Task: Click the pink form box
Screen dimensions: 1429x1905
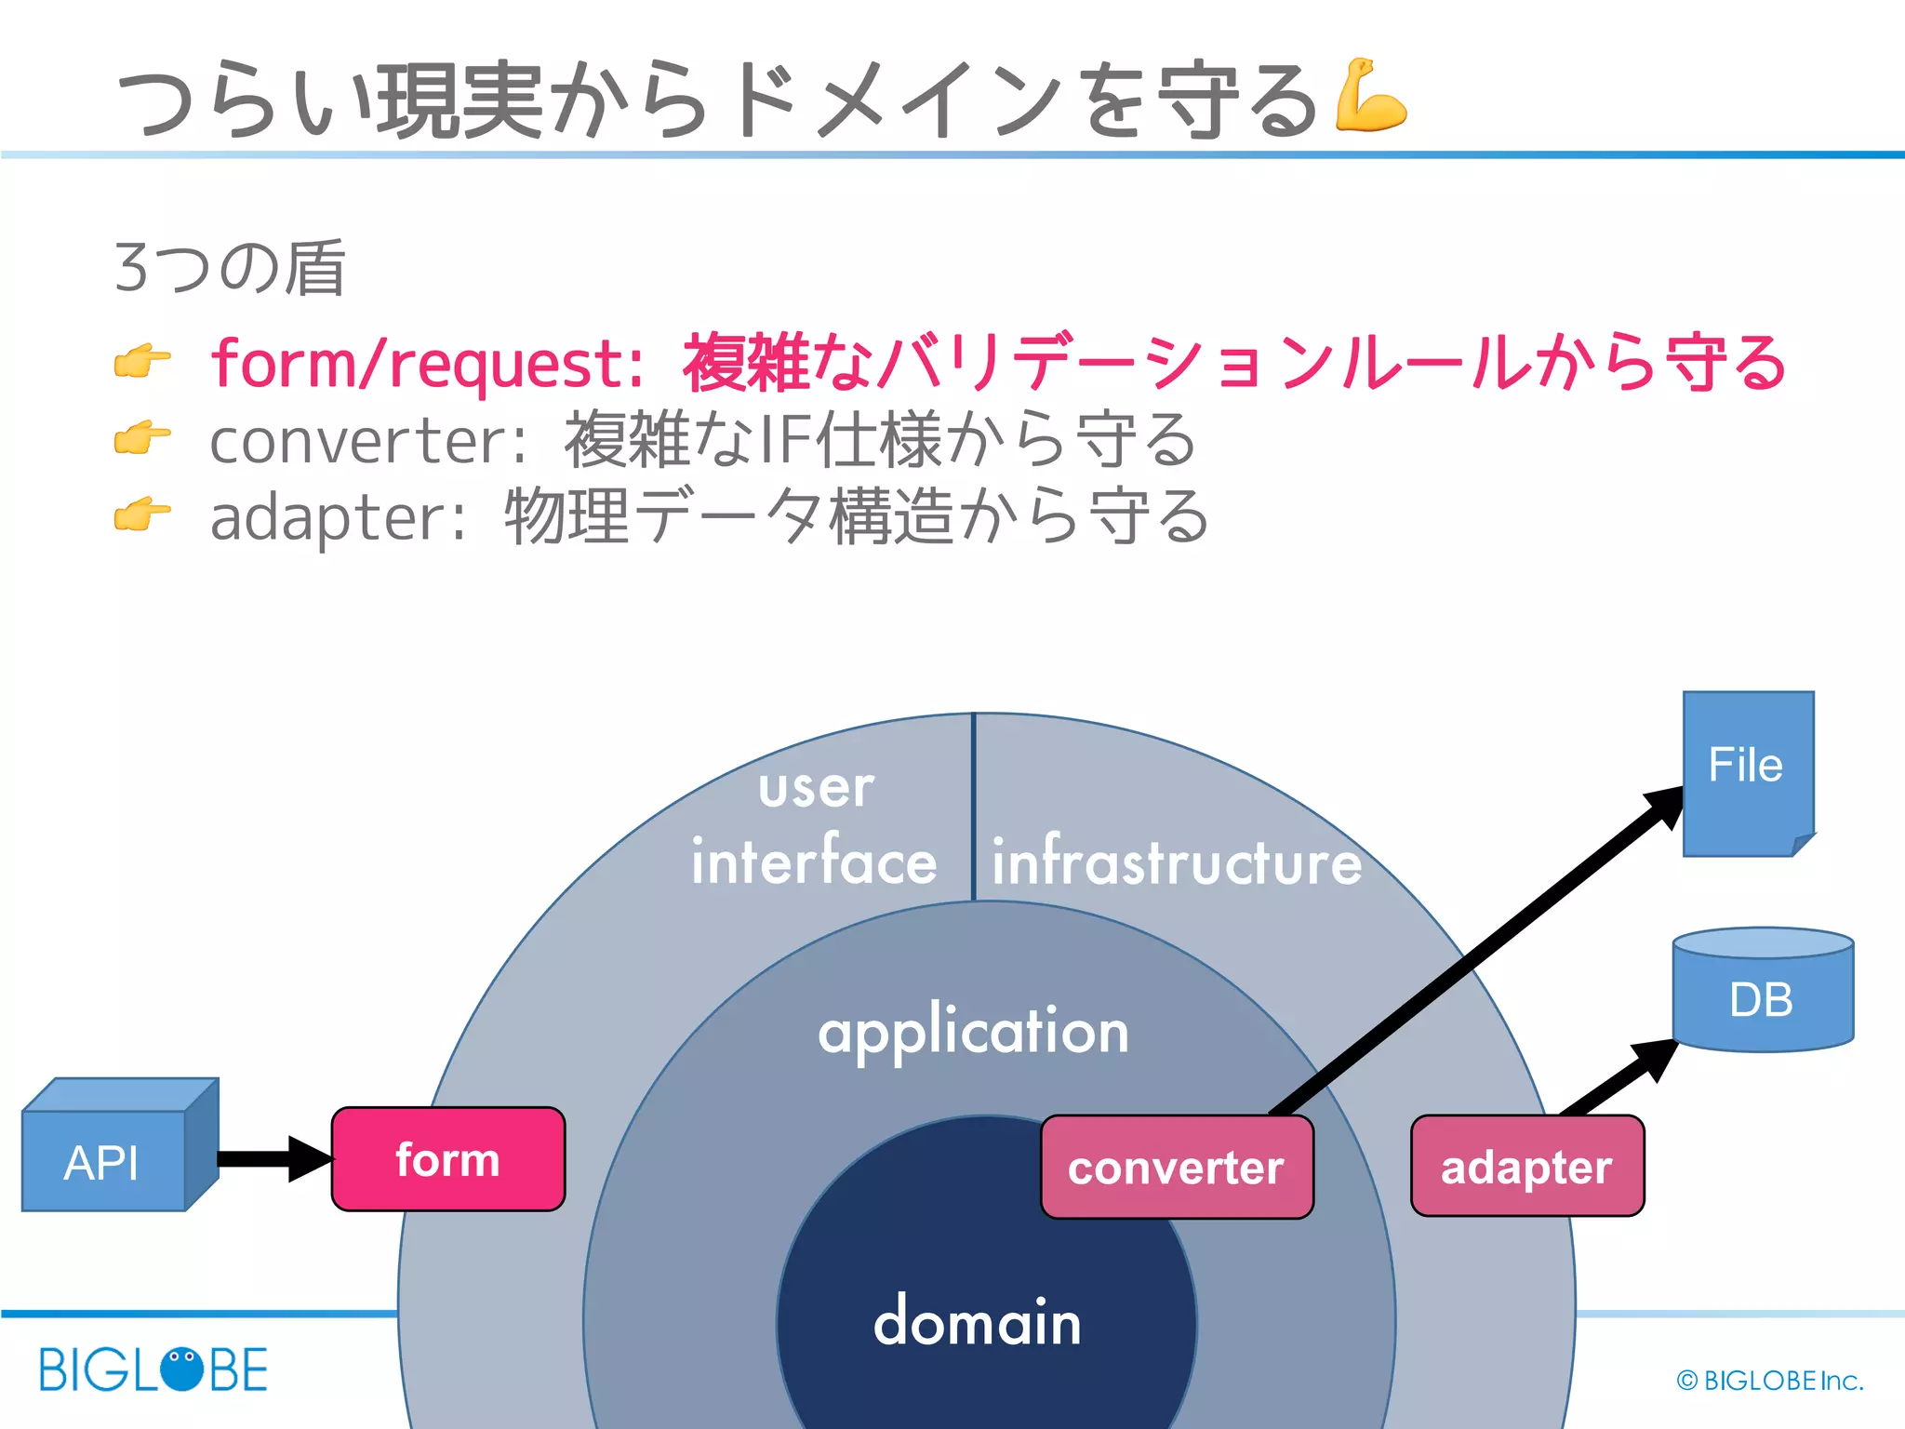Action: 448,1159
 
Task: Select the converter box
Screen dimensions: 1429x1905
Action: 1177,1168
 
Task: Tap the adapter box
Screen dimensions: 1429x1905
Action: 1526,1167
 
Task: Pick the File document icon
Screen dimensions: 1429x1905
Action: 1747,772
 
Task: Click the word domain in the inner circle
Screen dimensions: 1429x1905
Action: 977,1322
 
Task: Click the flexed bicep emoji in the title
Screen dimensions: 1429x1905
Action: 1369,95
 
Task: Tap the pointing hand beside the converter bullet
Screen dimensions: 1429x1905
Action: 142,437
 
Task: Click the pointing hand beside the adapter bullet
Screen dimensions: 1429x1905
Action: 142,514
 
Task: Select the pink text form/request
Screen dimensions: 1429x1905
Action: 426,363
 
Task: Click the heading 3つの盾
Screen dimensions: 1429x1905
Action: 230,268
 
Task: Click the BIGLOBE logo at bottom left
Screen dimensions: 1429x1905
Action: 153,1369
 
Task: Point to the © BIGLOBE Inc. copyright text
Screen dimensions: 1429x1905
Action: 1769,1381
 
